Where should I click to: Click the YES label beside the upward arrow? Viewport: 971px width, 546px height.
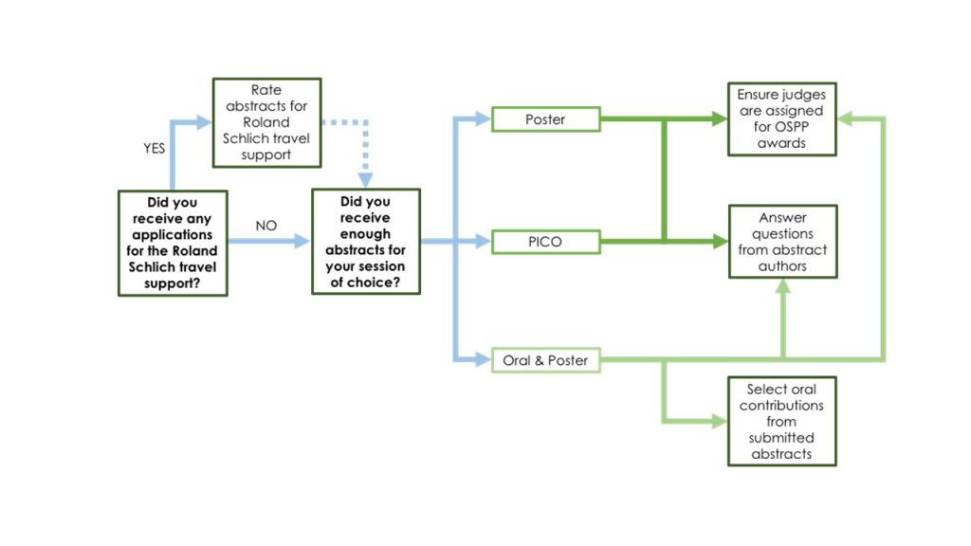pos(154,149)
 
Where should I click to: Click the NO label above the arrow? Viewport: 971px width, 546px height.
pos(266,226)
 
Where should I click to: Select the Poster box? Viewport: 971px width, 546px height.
pos(545,119)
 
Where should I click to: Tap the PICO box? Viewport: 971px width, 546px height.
pos(545,242)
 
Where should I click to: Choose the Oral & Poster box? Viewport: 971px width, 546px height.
pos(545,360)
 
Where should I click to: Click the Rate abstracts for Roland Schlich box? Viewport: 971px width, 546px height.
pos(266,122)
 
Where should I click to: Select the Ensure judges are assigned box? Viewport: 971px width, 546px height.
pos(781,118)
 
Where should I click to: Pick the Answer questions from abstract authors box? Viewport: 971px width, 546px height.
pos(781,242)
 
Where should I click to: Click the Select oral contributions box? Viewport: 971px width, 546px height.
pos(781,421)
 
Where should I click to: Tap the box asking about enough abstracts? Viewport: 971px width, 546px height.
pos(365,241)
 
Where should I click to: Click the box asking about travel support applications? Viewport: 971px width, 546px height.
pos(173,243)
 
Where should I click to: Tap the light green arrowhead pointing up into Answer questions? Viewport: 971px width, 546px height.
pos(782,288)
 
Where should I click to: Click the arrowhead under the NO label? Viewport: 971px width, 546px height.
pos(302,242)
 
